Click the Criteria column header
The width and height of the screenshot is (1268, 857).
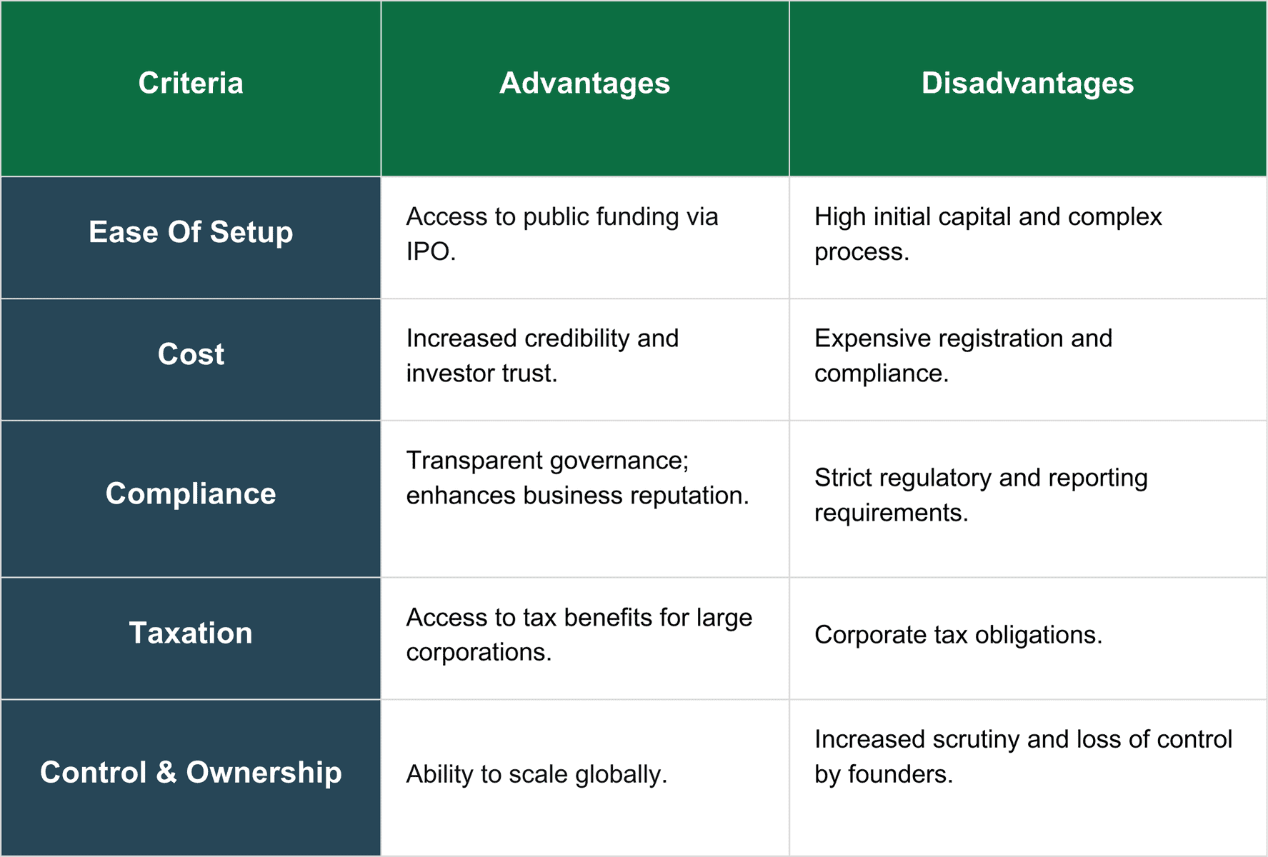[x=191, y=84]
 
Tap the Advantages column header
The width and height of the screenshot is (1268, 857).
[x=585, y=84]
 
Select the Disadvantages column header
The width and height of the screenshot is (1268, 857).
[x=1027, y=84]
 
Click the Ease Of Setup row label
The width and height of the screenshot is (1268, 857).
[x=191, y=233]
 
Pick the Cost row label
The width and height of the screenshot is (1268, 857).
[x=191, y=354]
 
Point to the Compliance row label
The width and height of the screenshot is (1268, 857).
[x=191, y=494]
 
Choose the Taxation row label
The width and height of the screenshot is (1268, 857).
[x=191, y=633]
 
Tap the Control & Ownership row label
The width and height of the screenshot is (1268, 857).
[x=191, y=773]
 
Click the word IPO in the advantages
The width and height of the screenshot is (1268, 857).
[x=428, y=251]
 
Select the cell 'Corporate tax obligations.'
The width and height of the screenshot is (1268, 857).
[x=958, y=635]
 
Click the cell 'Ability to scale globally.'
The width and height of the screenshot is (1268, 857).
[x=536, y=775]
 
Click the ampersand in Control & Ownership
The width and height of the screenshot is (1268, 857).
[x=166, y=773]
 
